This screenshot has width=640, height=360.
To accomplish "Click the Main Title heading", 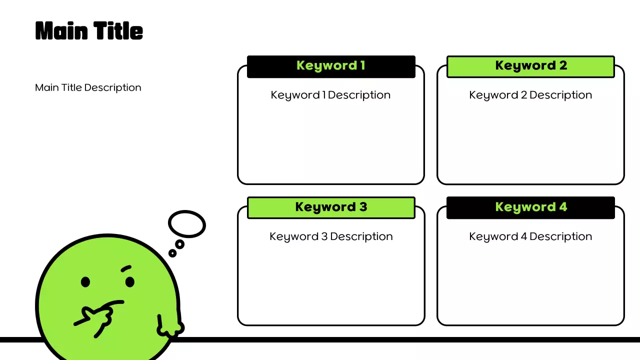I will [x=89, y=31].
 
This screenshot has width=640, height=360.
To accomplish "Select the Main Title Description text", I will [x=88, y=87].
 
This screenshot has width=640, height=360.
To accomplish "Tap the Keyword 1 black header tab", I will [x=331, y=66].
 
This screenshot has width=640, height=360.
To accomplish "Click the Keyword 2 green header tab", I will [x=530, y=66].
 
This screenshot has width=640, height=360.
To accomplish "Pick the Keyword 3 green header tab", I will [x=331, y=207].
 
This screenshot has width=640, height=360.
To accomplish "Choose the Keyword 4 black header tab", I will [x=530, y=207].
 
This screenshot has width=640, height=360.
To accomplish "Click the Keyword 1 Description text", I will [x=330, y=95].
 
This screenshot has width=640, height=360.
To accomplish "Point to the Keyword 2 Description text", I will [x=530, y=95].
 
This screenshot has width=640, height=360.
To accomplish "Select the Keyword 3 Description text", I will [x=331, y=236].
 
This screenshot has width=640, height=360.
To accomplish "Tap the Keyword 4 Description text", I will [x=530, y=236].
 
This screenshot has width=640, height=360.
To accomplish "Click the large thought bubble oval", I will [x=187, y=223].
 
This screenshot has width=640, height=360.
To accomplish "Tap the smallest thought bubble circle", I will [x=172, y=253].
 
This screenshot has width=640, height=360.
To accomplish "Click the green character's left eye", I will [x=85, y=282].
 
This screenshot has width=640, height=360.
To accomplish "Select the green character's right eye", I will [x=130, y=282].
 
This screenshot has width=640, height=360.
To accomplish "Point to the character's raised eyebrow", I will [x=126, y=269].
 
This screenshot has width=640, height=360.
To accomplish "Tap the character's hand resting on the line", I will [x=169, y=327].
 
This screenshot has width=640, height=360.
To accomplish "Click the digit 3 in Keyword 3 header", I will [x=363, y=207].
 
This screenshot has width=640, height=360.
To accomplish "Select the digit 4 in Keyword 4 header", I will [x=563, y=207].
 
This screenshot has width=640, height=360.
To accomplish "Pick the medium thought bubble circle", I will [x=179, y=244].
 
